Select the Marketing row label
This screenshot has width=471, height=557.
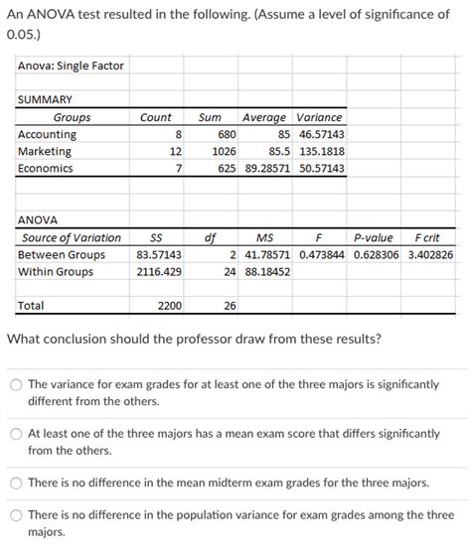[x=45, y=151]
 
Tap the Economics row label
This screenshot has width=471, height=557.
[x=46, y=169]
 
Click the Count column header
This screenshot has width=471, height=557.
[x=155, y=117]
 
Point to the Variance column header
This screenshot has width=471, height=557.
[x=320, y=117]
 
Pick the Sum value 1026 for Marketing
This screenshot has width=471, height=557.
[x=224, y=151]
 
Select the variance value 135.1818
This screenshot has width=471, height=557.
[x=321, y=151]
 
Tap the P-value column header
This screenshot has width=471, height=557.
[x=373, y=237]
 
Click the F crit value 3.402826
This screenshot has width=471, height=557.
[x=430, y=254]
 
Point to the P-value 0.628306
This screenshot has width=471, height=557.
[x=377, y=254]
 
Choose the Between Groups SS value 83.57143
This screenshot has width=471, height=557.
[x=159, y=254]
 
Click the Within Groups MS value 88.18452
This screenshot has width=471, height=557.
[x=267, y=271]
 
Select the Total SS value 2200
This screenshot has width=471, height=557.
[x=169, y=306]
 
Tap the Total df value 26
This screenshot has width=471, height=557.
[x=230, y=306]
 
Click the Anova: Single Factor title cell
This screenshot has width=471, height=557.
[x=71, y=66]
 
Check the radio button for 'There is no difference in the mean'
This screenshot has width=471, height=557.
[x=16, y=483]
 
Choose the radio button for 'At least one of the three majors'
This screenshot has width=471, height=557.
[x=16, y=434]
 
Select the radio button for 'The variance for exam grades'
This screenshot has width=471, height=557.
[x=16, y=385]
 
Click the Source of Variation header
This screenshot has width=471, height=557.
[x=72, y=237]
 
